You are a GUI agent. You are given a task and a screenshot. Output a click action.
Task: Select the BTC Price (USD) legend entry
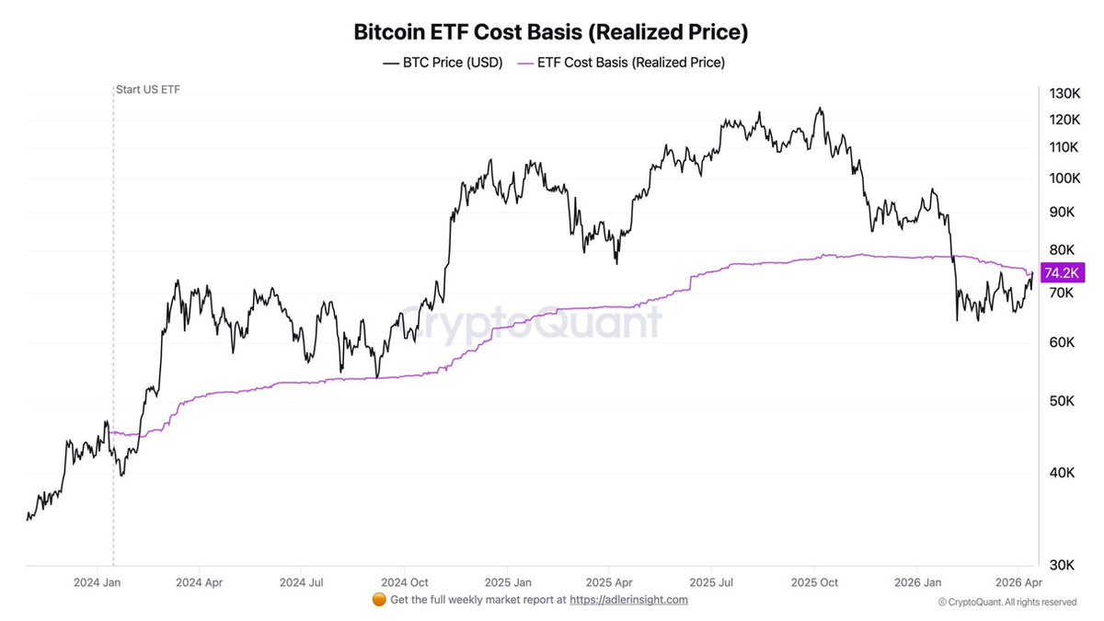(443, 63)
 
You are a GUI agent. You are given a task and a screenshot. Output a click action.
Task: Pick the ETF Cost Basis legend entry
(622, 63)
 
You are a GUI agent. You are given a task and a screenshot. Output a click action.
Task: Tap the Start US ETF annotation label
(147, 89)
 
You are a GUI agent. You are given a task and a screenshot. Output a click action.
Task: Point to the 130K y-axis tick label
(1064, 93)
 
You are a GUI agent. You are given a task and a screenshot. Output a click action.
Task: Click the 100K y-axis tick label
(1064, 178)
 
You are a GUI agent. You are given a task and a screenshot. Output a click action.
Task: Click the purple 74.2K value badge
(1062, 273)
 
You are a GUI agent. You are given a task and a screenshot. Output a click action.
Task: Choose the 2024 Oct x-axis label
(406, 582)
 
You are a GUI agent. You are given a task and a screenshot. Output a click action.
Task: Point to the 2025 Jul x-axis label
(712, 582)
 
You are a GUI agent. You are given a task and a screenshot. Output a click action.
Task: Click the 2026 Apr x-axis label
(1018, 582)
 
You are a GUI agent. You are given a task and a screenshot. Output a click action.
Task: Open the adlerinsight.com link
(628, 600)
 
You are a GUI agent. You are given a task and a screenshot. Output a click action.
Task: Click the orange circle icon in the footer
(378, 600)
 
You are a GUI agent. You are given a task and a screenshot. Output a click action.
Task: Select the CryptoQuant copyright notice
(1007, 602)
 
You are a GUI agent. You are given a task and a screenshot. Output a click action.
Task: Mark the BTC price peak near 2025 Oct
(819, 109)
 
